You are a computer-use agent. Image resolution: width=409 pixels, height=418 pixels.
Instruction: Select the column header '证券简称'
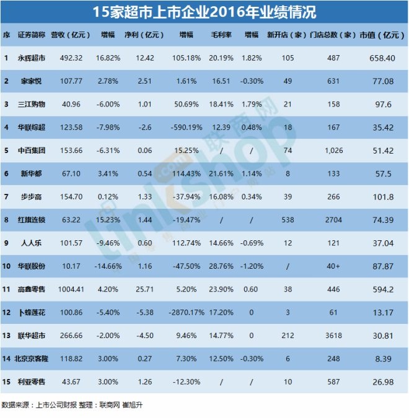[31, 35]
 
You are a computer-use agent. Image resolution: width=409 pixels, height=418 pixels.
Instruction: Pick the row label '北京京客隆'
[32, 358]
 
